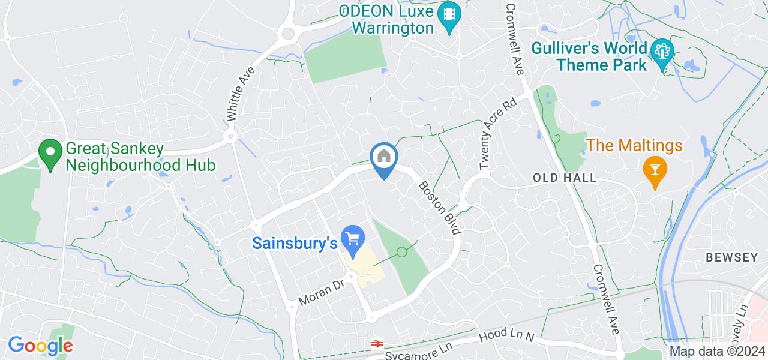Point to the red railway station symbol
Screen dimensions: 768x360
(x=377, y=344)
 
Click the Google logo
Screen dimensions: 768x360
(x=40, y=346)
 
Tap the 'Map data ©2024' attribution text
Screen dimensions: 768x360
(x=717, y=352)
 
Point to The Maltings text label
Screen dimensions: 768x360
(x=634, y=145)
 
